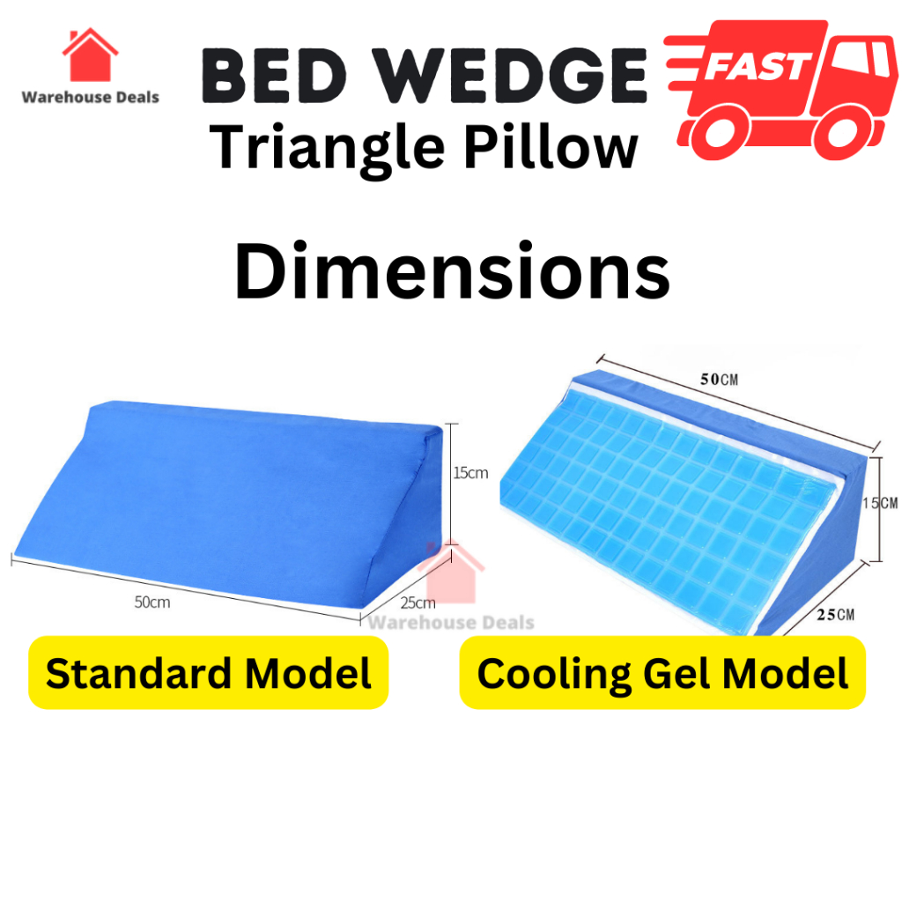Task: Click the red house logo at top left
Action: point(91,55)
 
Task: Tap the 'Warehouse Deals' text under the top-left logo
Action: point(91,97)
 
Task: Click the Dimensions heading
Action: point(452,271)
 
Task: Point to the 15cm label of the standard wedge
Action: point(470,473)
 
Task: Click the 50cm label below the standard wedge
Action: point(152,603)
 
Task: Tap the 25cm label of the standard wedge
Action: point(418,603)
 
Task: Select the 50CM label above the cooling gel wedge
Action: point(719,379)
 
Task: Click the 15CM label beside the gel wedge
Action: point(880,503)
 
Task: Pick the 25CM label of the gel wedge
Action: point(836,614)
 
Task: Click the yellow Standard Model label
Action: point(208,672)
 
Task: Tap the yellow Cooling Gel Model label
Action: point(662,672)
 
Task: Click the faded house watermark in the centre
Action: point(452,573)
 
